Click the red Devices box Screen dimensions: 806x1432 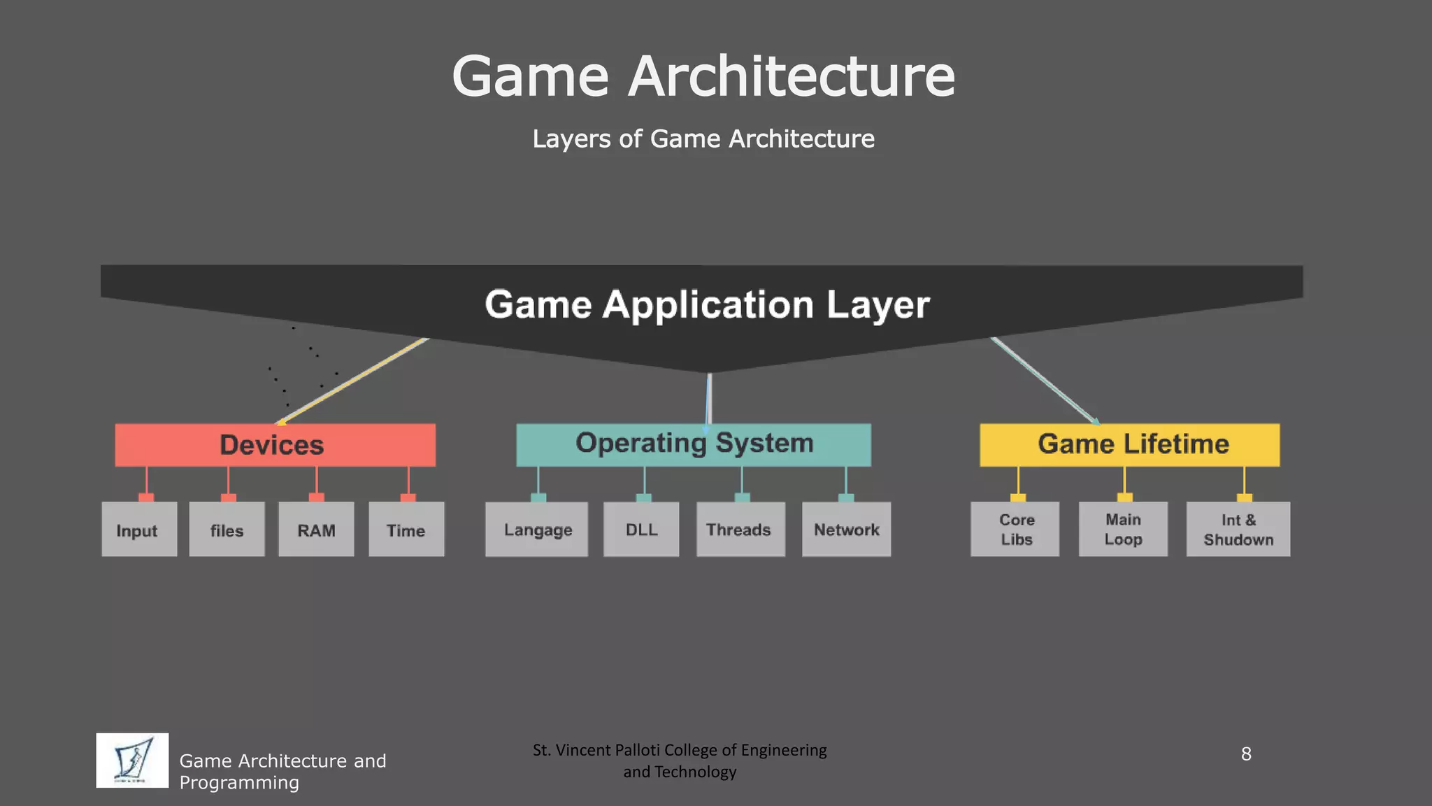click(275, 445)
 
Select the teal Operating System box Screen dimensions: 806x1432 click(694, 444)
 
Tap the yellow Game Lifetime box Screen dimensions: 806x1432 click(1130, 444)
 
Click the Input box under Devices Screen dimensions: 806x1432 click(139, 530)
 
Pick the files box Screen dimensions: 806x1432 click(227, 530)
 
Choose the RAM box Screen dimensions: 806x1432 click(316, 530)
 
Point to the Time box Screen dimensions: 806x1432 click(406, 530)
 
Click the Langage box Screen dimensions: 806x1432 click(537, 530)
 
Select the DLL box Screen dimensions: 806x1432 click(641, 530)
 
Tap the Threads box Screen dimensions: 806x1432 click(740, 530)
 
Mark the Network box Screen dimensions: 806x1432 click(846, 530)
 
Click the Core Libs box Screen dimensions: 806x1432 click(1015, 530)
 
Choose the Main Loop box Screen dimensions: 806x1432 click(1123, 530)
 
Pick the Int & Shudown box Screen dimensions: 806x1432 click(1238, 530)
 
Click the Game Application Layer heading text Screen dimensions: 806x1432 click(707, 304)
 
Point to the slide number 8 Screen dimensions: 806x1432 click(1246, 754)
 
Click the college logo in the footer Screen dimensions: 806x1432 click(132, 761)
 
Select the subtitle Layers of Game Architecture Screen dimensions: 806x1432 click(703, 139)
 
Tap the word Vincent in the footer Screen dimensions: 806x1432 click(584, 750)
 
